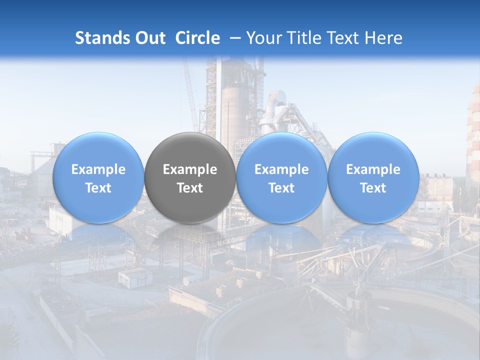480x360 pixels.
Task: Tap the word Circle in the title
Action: tap(197, 38)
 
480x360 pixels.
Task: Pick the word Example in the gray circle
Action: tap(190, 169)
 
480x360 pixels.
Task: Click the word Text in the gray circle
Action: tap(190, 188)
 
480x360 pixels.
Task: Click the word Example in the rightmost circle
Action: tap(373, 169)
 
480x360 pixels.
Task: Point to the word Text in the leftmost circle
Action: tap(98, 188)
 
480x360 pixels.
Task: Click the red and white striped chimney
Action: tap(473, 135)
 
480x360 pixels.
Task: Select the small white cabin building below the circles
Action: tap(135, 276)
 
